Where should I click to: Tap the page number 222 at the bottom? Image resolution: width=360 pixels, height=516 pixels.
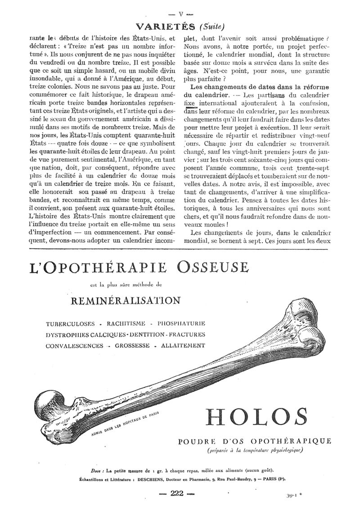pos(177,493)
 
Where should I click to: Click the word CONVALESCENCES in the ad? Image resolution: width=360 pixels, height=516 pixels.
pos(73,346)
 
